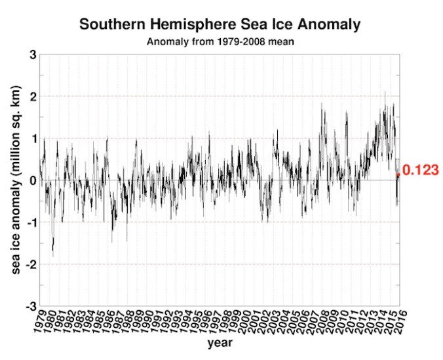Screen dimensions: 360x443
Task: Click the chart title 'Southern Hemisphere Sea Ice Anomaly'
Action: click(220, 25)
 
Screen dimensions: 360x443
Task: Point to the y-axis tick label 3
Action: click(32, 54)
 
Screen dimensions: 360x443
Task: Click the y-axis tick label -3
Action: click(30, 306)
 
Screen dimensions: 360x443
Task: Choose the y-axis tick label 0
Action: click(32, 180)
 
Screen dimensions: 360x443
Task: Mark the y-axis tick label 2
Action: click(32, 96)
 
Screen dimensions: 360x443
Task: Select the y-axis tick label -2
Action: click(30, 264)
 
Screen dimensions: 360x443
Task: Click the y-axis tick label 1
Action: click(32, 138)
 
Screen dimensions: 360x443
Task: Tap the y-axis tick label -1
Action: click(30, 222)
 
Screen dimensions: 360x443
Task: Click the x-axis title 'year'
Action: click(219, 343)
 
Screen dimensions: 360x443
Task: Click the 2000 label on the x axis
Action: click(243, 322)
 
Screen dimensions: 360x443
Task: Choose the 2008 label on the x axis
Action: click(321, 322)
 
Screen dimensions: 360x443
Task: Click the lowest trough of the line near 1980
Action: click(52, 256)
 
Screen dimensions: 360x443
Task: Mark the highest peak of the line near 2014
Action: click(385, 92)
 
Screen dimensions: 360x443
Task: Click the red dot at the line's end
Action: click(398, 175)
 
